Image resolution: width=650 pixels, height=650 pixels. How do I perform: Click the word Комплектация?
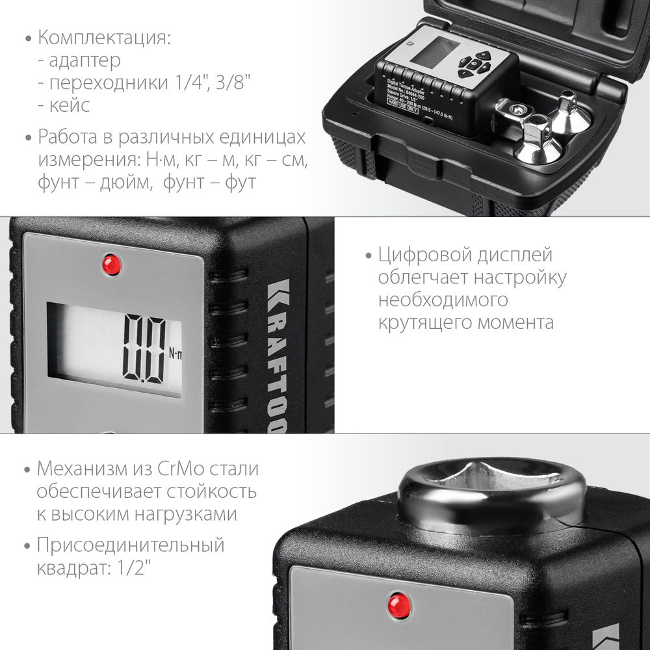(x=104, y=37)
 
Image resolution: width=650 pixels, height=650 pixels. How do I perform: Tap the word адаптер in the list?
(x=84, y=60)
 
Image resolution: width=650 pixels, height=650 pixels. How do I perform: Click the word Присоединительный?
(x=131, y=545)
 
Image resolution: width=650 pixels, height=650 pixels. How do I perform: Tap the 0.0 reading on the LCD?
(x=144, y=349)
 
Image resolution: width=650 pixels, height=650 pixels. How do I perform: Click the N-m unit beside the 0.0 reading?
(x=175, y=354)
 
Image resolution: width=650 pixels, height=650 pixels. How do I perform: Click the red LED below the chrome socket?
(x=397, y=606)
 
